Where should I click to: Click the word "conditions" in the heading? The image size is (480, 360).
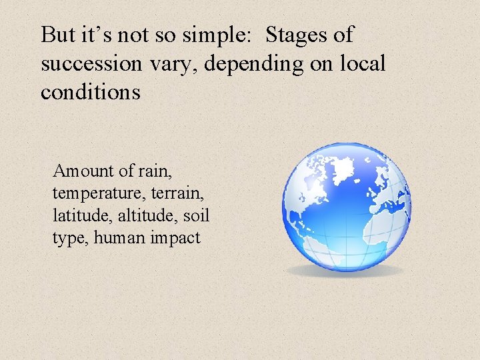pyautogui.click(x=91, y=92)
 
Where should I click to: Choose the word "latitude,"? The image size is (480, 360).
pyautogui.click(x=81, y=216)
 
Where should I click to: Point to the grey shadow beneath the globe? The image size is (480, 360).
pyautogui.click(x=347, y=271)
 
